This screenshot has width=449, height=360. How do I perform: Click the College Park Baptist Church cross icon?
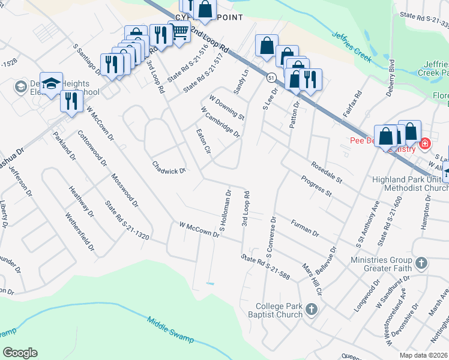311,309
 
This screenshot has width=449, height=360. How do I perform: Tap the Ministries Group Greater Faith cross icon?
421,263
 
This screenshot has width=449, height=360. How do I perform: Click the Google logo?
20,353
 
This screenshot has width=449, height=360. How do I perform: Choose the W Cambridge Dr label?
220,122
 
